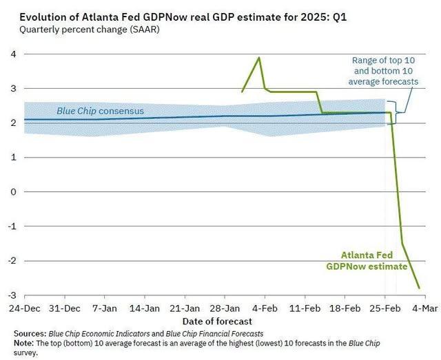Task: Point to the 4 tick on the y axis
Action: [12, 54]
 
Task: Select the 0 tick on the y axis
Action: [12, 192]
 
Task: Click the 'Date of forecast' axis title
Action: [217, 321]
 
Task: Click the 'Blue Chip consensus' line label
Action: [100, 111]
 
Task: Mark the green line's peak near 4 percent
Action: [259, 58]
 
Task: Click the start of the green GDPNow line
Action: [242, 92]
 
